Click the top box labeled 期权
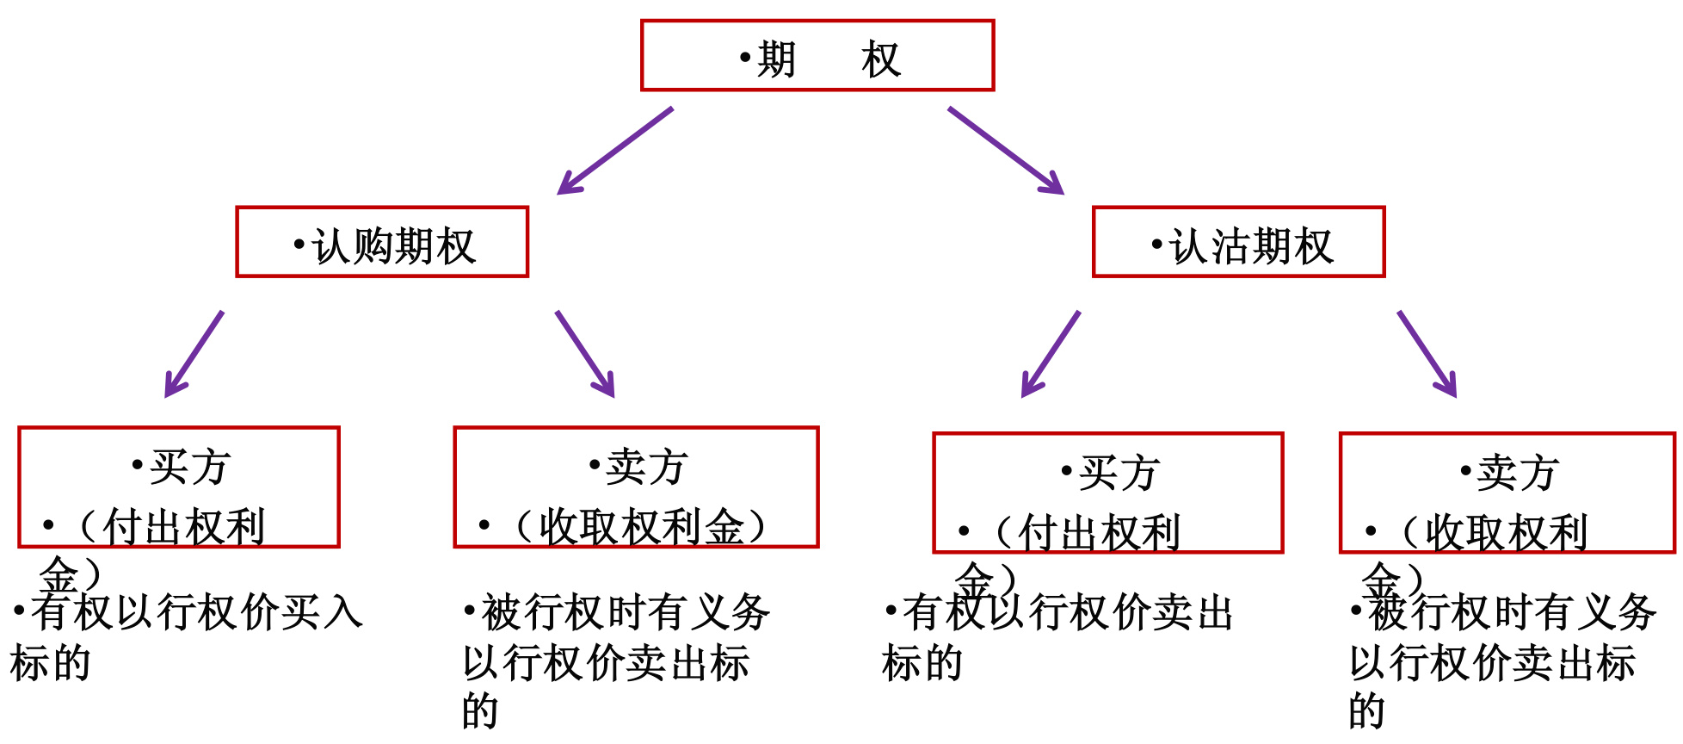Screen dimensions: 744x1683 pyautogui.click(x=817, y=56)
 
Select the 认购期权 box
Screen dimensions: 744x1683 pyautogui.click(x=382, y=242)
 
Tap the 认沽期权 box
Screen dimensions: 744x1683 pyautogui.click(x=1238, y=242)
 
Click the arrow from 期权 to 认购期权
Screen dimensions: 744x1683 pyautogui.click(x=614, y=151)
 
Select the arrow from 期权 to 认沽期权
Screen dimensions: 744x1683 pyautogui.click(x=1005, y=151)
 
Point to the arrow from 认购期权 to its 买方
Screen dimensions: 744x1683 pyautogui.click(x=194, y=354)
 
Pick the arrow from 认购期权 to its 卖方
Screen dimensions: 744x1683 pyautogui.click(x=585, y=354)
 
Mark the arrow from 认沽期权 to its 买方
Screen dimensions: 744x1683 pyautogui.click(x=1050, y=354)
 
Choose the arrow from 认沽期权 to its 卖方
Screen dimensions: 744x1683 pyautogui.click(x=1427, y=354)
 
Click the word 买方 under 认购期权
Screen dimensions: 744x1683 pyautogui.click(x=188, y=468)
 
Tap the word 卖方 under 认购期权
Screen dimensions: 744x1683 pyautogui.click(x=645, y=468)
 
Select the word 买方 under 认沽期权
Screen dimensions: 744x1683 pyautogui.click(x=1119, y=474)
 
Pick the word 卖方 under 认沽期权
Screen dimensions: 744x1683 pyautogui.click(x=1517, y=474)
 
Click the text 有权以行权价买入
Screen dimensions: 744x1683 pyautogui.click(x=197, y=612)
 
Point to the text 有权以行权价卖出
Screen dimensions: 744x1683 pyautogui.click(x=1068, y=612)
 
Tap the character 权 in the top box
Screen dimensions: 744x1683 pyautogui.click(x=880, y=60)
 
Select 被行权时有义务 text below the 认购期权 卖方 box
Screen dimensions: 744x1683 pyautogui.click(x=625, y=612)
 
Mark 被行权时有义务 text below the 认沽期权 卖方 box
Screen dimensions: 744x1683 pyautogui.click(x=1512, y=612)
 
